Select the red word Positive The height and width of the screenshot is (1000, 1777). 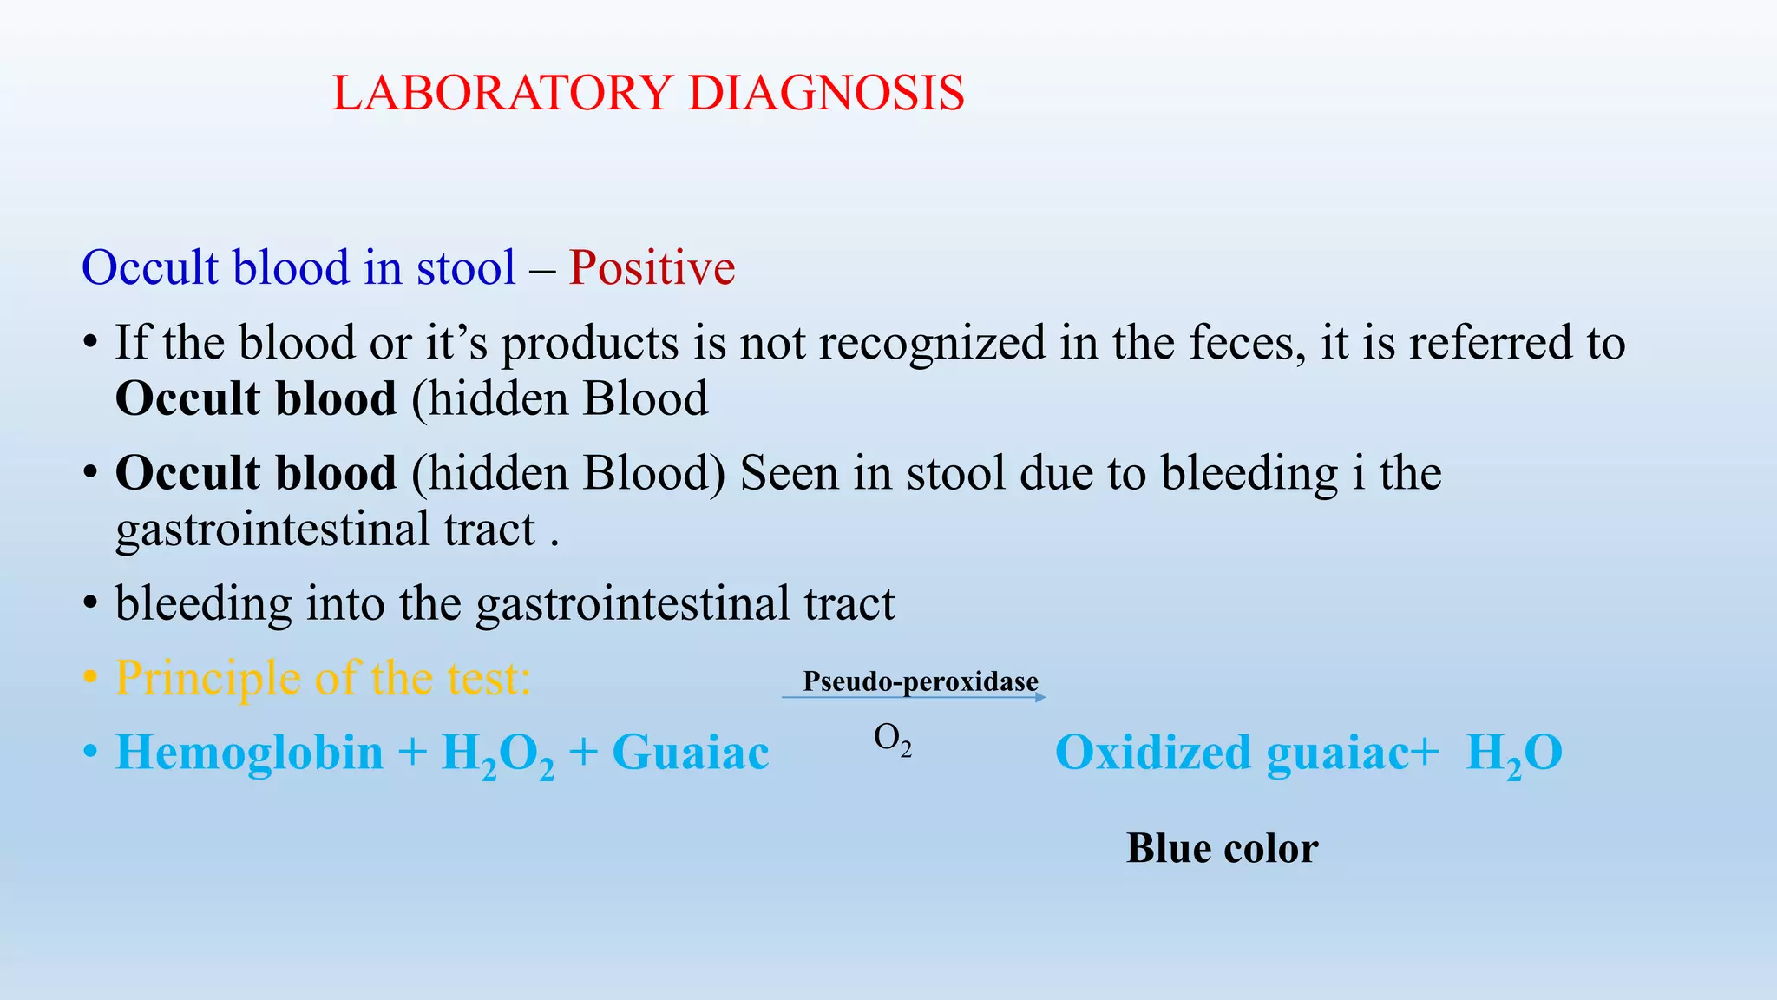pos(652,267)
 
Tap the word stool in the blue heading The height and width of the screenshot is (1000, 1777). pos(466,267)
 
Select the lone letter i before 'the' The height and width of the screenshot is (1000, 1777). pos(1358,473)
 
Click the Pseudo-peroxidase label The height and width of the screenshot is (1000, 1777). pos(920,681)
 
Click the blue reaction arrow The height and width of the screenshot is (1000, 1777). pos(914,697)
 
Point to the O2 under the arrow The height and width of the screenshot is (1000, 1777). pos(892,740)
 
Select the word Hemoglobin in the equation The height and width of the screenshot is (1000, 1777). pos(250,752)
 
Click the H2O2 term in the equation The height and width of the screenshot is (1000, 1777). pos(497,753)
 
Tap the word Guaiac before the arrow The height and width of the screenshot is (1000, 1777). pos(690,752)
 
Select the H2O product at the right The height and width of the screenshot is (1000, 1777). pos(1514,753)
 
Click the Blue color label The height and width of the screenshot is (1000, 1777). pos(1222,848)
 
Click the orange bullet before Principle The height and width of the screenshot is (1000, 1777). pos(89,679)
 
